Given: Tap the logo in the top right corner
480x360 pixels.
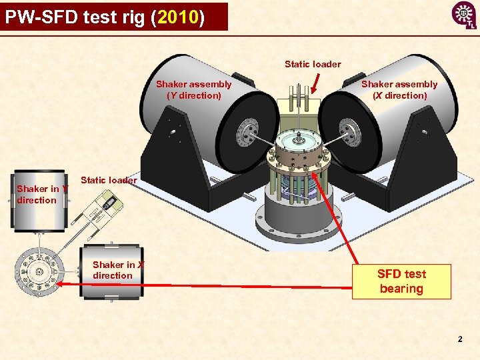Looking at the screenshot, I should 463,15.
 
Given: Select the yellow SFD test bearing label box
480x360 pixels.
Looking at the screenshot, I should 401,281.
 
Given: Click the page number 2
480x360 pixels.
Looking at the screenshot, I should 460,340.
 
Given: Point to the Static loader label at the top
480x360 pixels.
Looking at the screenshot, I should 313,65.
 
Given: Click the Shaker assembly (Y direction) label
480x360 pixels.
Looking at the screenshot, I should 193,90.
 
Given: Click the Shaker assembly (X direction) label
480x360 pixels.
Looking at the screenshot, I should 399,90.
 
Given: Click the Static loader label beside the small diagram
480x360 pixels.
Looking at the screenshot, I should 108,180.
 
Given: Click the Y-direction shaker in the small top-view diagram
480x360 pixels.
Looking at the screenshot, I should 40,200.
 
